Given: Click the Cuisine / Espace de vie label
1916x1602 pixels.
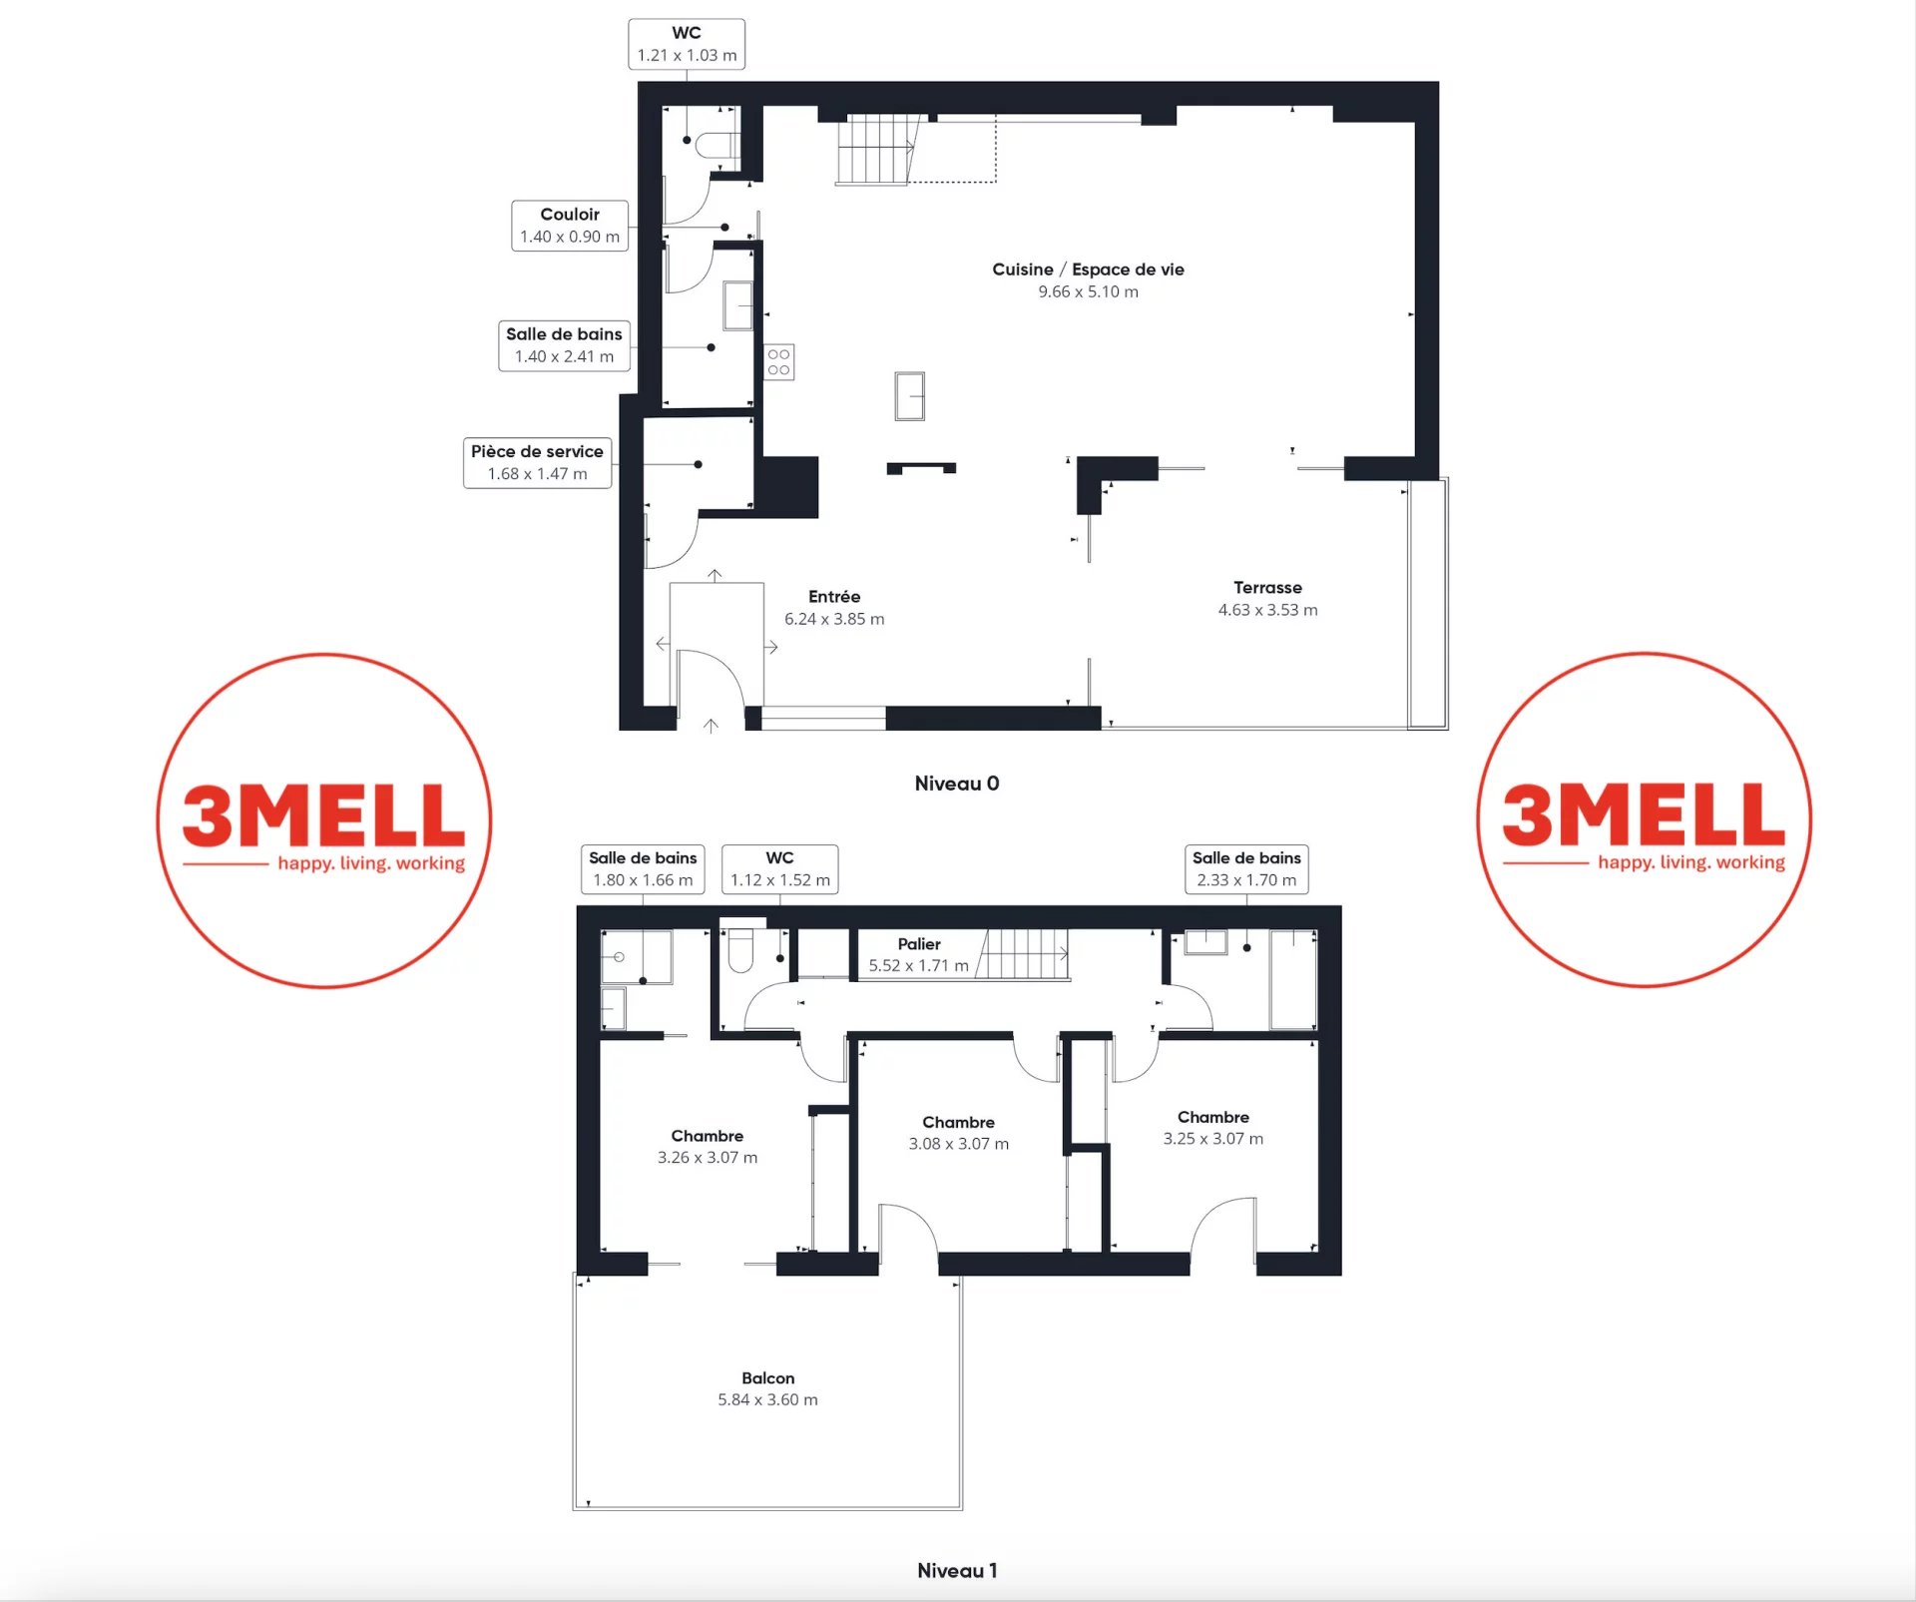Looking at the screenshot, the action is tap(1088, 279).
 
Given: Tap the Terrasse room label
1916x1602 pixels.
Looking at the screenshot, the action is tap(1267, 598).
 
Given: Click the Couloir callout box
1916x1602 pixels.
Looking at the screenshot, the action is tap(570, 226).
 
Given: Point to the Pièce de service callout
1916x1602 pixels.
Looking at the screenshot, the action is tap(537, 462).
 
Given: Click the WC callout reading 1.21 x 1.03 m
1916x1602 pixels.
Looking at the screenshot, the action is tap(687, 44).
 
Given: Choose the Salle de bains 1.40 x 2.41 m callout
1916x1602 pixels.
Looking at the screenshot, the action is tap(564, 345).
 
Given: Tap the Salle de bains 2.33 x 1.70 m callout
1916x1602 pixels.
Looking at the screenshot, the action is tap(1246, 868).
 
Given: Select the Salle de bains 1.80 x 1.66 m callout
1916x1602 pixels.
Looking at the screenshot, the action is tap(643, 868).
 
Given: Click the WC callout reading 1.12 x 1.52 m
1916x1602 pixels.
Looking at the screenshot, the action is tap(779, 868).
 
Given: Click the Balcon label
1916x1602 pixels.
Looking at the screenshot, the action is tap(767, 1388).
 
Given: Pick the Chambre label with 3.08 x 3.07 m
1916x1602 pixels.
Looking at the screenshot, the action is tap(958, 1133).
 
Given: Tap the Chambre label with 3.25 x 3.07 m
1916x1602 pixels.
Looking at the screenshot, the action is tap(1212, 1127).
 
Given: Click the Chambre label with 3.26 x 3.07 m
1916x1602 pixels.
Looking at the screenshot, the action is tap(707, 1146).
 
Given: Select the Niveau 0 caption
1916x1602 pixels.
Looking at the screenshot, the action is tap(957, 784).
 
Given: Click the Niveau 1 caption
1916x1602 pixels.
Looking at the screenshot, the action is tap(957, 1570).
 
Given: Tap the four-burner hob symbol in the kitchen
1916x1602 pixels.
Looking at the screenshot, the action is tap(779, 362).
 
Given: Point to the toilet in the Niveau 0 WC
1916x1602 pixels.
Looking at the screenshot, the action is tap(717, 146).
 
